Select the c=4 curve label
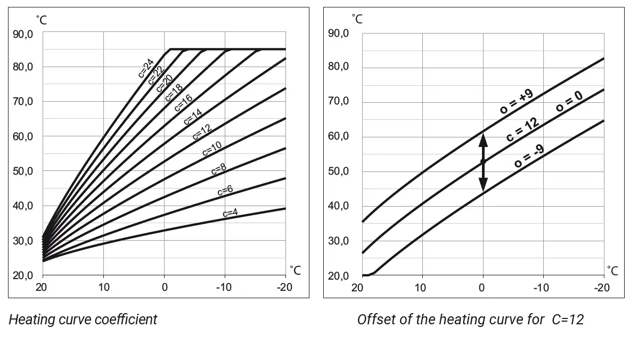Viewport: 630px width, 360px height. pyautogui.click(x=230, y=213)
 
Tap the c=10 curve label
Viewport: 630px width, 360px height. pyautogui.click(x=211, y=150)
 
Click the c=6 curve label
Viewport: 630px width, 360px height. pyautogui.click(x=225, y=191)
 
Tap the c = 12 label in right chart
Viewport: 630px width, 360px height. pyautogui.click(x=522, y=129)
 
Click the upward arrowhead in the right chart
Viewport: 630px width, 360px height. pyautogui.click(x=483, y=140)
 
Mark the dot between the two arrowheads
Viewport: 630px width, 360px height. pyautogui.click(x=483, y=161)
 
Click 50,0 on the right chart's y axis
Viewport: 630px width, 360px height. pyautogui.click(x=339, y=171)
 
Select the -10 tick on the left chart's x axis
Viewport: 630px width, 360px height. pyautogui.click(x=225, y=287)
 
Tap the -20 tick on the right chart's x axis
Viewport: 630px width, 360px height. pyautogui.click(x=602, y=288)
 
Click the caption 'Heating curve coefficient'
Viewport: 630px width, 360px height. pyautogui.click(x=83, y=320)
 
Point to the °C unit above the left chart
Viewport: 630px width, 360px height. pyautogui.click(x=42, y=20)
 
